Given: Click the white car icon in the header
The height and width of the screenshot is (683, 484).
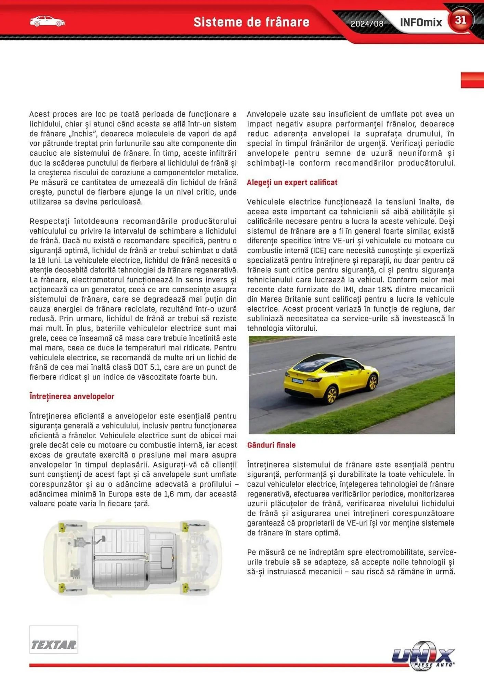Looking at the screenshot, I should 47,22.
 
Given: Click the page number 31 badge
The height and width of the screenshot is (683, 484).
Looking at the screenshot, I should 460,20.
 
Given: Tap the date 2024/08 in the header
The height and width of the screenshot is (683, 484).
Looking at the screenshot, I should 367,24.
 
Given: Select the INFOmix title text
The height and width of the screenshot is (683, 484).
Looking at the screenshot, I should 421,23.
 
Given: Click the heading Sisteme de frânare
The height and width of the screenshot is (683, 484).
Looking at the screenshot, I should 251,22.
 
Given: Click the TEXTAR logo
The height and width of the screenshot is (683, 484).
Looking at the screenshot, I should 54,644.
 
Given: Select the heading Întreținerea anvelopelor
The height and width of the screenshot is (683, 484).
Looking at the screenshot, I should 72,396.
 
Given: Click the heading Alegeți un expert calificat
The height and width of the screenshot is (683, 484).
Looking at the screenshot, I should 292,182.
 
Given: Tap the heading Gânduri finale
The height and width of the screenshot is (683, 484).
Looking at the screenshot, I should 271,445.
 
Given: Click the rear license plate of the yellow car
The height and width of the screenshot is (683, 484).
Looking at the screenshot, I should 298,380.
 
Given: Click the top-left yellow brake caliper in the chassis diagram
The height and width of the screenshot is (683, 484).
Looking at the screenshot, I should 62,527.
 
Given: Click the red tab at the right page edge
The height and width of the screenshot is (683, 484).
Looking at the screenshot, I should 472,80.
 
